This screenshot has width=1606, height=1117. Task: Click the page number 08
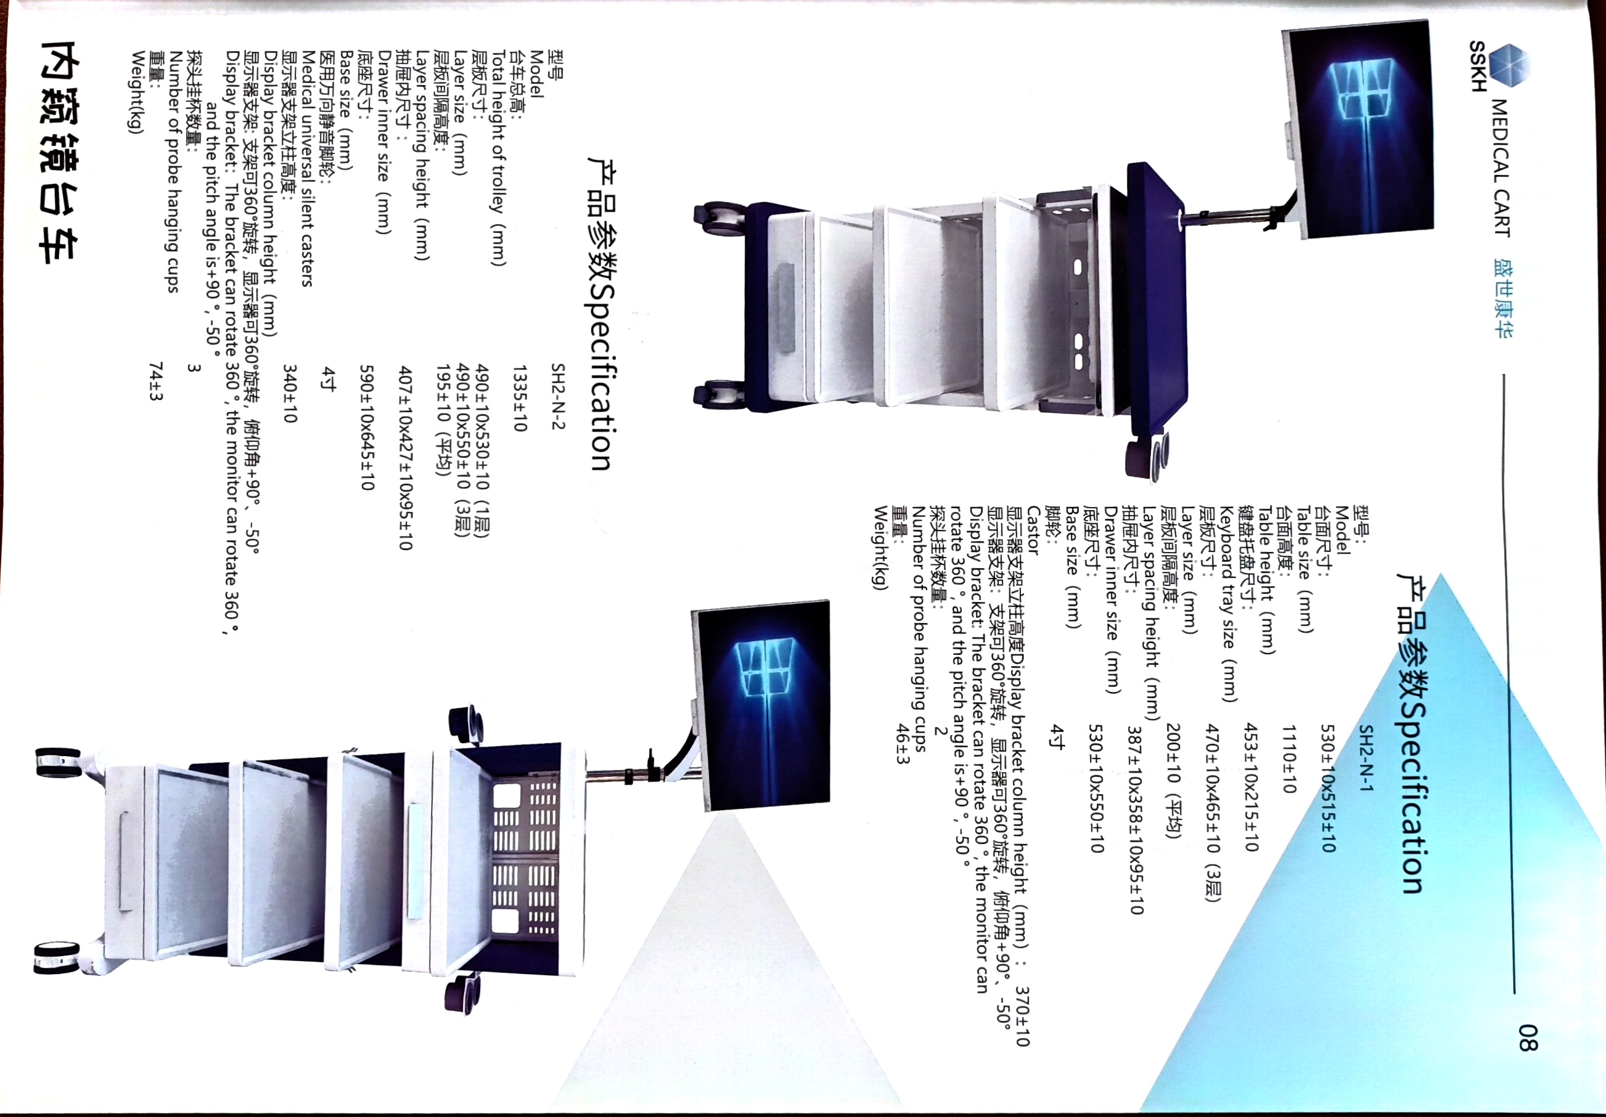click(x=1528, y=1038)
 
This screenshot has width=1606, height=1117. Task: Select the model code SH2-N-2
click(x=557, y=396)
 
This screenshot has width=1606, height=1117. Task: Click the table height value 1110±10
click(x=1289, y=758)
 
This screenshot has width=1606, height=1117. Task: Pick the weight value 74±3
click(x=156, y=381)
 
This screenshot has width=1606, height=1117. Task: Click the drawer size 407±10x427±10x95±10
click(x=405, y=458)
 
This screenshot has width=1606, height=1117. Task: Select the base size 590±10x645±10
click(x=367, y=427)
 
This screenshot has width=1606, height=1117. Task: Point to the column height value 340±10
click(x=290, y=394)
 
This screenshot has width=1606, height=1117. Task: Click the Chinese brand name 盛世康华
click(x=1501, y=298)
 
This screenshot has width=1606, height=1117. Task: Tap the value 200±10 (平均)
click(x=1174, y=781)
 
